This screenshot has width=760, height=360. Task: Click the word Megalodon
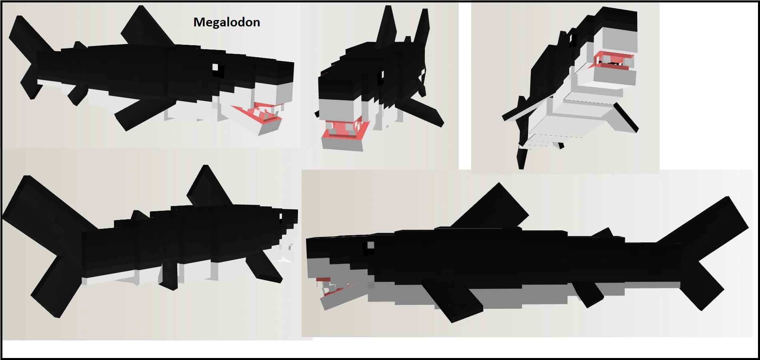click(x=227, y=22)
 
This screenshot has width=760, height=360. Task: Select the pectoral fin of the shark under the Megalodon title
click(x=140, y=114)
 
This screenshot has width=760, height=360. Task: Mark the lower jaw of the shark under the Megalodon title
click(x=270, y=126)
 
